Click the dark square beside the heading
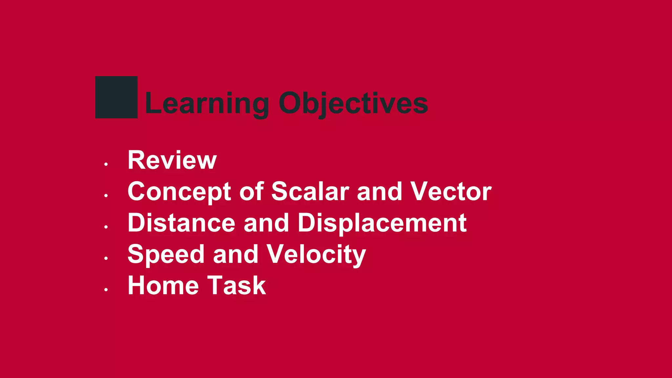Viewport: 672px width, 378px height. (x=116, y=97)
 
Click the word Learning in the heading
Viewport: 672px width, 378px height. (x=207, y=103)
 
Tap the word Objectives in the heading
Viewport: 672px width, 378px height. (x=353, y=103)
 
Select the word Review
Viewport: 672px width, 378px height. (x=172, y=160)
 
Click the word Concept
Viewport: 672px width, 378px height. (x=179, y=192)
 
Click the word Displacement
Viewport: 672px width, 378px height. (x=382, y=223)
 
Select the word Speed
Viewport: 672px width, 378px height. (x=165, y=255)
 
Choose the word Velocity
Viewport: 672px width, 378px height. (x=316, y=255)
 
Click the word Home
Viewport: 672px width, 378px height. (x=163, y=285)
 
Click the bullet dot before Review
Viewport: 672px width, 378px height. (x=106, y=164)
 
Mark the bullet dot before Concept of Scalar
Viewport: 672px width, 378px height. (x=106, y=196)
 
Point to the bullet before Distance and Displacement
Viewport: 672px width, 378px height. (x=106, y=227)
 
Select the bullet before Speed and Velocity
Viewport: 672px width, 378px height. (x=106, y=258)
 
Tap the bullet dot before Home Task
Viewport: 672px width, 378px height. (x=106, y=290)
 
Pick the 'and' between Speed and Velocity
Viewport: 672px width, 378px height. (x=235, y=255)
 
